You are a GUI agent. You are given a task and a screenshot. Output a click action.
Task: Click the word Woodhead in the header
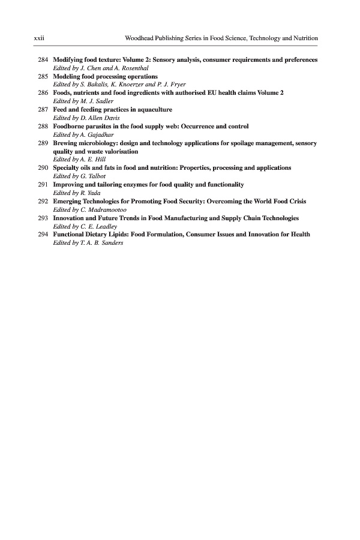click(x=139, y=38)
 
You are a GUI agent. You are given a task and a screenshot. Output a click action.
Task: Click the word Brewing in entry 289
click(x=65, y=144)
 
